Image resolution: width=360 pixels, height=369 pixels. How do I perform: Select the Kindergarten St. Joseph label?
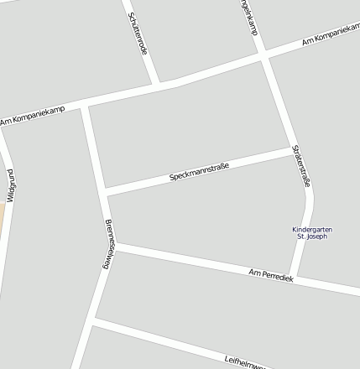(310, 232)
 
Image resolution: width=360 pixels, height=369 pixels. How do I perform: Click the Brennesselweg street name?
(107, 243)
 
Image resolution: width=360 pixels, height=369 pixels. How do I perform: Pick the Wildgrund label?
(12, 184)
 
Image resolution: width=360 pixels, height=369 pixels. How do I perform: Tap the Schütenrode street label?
(138, 33)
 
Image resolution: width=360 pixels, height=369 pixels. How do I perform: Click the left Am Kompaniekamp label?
(32, 117)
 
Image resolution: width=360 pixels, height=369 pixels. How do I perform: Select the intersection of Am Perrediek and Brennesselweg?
(114, 246)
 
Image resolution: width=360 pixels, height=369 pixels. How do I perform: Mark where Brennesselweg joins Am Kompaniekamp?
(85, 106)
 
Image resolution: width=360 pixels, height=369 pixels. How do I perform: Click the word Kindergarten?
(310, 229)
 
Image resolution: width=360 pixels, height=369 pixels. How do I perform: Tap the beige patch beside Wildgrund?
(2, 220)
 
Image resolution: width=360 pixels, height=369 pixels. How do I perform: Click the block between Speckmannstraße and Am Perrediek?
(201, 218)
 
